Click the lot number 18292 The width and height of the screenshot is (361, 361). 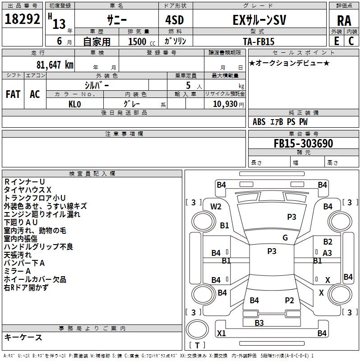(x=22, y=19)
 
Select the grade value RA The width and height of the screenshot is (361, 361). (x=344, y=21)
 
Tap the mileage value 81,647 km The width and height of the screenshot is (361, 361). (x=55, y=65)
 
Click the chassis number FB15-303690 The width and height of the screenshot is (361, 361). (x=303, y=143)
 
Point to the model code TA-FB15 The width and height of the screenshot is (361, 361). (x=259, y=42)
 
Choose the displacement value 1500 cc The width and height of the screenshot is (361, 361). (x=142, y=42)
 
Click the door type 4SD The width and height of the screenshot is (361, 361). (x=175, y=20)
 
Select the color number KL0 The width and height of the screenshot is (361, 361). (x=75, y=104)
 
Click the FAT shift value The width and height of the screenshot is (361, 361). (x=13, y=94)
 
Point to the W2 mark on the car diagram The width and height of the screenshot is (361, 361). (x=216, y=207)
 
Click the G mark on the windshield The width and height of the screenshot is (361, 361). (x=285, y=237)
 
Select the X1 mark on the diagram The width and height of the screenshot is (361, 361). (x=222, y=333)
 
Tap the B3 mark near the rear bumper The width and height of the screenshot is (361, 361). (x=259, y=323)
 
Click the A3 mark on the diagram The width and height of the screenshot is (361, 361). (x=327, y=253)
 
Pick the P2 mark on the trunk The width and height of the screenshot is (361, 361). (x=289, y=300)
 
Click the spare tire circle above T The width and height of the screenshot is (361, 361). (x=197, y=329)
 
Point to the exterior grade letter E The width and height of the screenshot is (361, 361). (x=337, y=41)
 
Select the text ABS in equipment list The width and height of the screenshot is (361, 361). (x=259, y=122)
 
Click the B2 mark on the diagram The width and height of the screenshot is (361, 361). (x=328, y=242)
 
